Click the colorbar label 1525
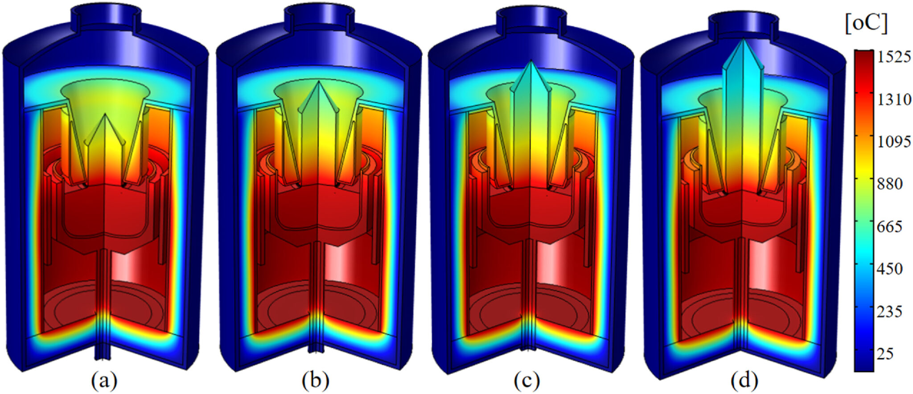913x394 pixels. (894, 57)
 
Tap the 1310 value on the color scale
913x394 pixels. (894, 99)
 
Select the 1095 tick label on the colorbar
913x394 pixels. (894, 142)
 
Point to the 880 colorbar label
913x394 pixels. (890, 184)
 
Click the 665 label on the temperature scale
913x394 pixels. (890, 226)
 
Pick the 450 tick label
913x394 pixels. (890, 269)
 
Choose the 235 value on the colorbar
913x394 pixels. (890, 311)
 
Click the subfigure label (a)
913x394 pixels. (104, 381)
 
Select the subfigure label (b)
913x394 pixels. (315, 381)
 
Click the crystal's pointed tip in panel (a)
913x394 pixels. (105, 115)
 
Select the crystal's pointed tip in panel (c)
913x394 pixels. (530, 62)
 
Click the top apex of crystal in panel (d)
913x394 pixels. (743, 40)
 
